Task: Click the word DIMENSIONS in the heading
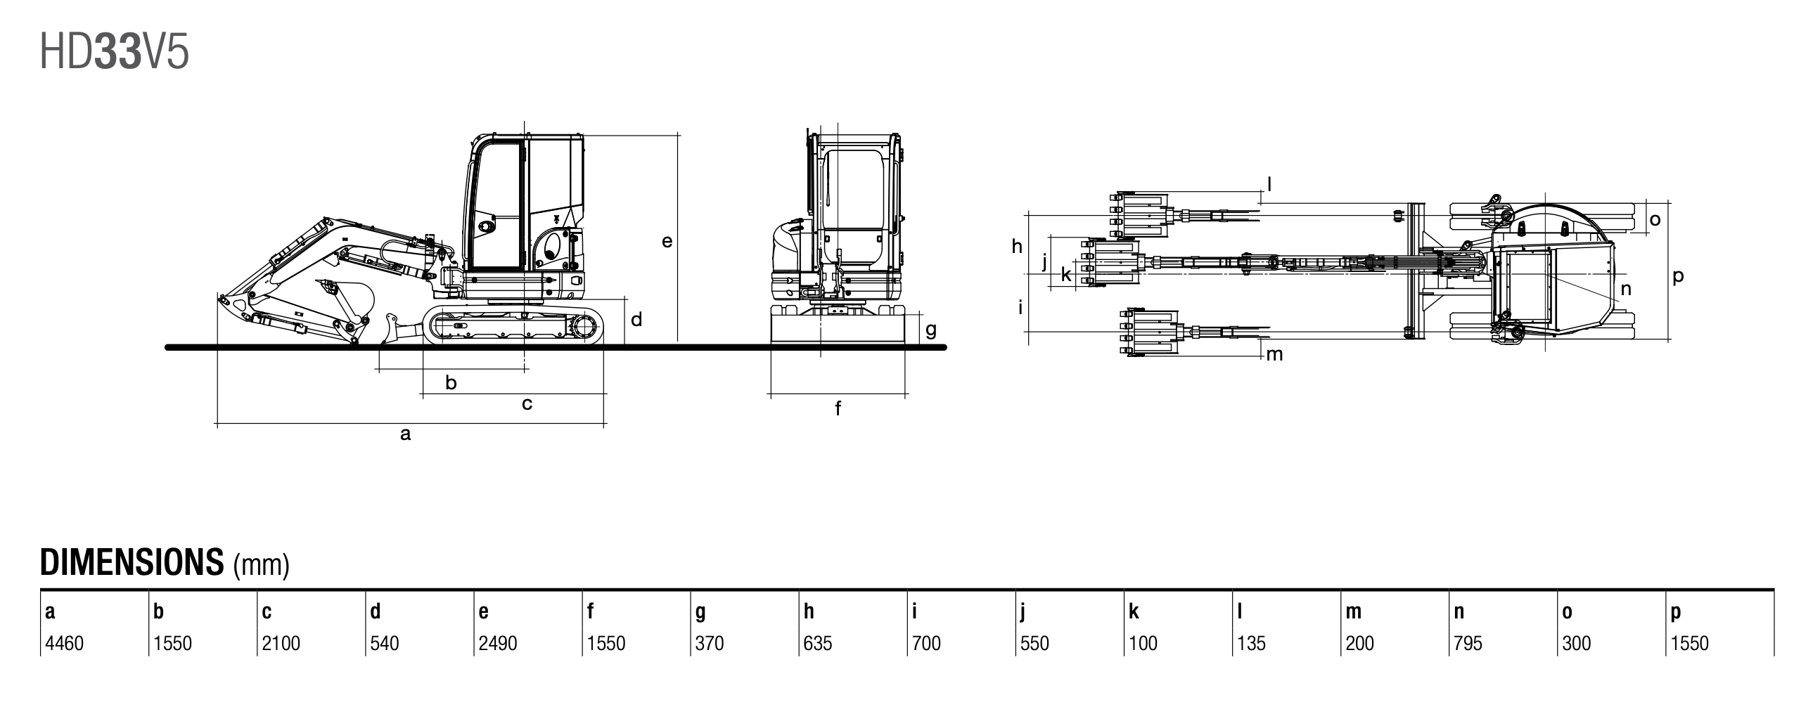[132, 562]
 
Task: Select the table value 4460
[64, 644]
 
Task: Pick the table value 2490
[497, 644]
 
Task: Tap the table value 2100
[281, 644]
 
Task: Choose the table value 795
[1468, 644]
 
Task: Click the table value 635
[817, 644]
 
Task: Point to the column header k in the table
[1133, 611]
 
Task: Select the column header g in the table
[700, 611]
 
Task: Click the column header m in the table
[1353, 611]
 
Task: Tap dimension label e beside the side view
[667, 242]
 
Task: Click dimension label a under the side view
[405, 434]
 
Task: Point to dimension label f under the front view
[838, 408]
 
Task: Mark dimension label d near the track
[636, 320]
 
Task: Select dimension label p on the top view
[1678, 276]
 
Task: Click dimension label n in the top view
[1626, 288]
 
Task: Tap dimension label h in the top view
[1017, 246]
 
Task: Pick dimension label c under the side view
[526, 404]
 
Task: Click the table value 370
[709, 644]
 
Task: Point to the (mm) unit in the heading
[262, 565]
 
